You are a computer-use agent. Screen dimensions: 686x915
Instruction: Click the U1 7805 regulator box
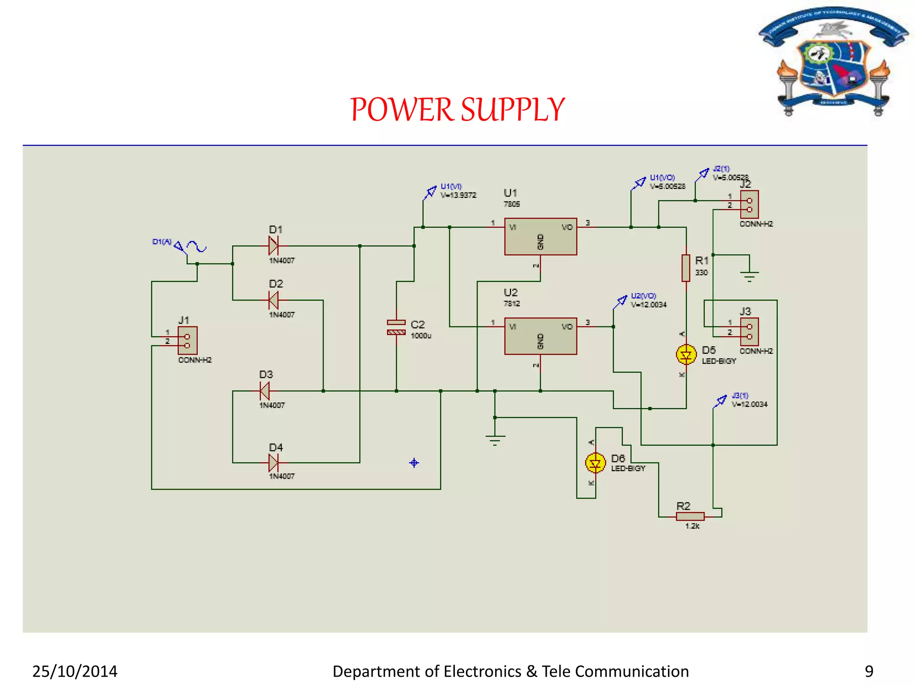(540, 236)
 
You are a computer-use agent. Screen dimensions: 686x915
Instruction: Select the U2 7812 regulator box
(540, 336)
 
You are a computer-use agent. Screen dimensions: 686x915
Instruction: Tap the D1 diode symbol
(273, 246)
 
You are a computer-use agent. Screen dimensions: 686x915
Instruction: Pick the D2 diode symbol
(273, 300)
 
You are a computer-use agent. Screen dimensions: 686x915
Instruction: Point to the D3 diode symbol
(264, 391)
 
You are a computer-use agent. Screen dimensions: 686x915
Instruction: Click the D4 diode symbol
(273, 463)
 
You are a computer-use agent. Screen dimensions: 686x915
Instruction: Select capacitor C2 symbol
(396, 327)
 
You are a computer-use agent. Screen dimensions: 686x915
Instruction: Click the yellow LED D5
(686, 355)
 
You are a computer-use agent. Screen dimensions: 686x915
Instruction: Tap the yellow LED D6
(595, 463)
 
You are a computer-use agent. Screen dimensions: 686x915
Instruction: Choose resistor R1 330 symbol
(686, 268)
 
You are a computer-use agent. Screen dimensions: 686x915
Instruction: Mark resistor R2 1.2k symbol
(690, 516)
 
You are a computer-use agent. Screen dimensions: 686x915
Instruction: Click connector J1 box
(187, 340)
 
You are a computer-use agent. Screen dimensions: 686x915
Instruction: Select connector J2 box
(749, 205)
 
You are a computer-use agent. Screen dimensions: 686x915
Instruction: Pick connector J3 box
(749, 331)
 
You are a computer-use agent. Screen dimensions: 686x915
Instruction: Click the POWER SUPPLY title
(457, 110)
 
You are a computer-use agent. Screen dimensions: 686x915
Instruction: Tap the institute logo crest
(833, 63)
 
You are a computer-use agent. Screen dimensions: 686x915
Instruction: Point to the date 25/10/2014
(75, 671)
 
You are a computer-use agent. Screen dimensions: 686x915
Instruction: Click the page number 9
(869, 671)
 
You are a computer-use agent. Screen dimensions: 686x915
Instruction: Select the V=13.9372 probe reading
(458, 195)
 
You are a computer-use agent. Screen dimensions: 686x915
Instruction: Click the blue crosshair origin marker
(414, 463)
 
